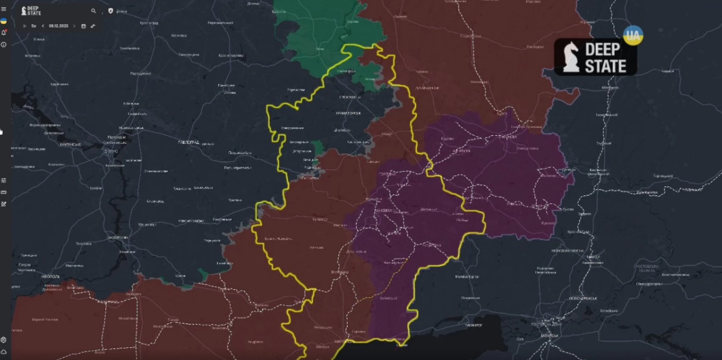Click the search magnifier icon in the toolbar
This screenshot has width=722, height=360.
pos(93,11)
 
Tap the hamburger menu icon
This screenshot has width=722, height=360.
pos(4,9)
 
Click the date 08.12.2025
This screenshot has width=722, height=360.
pos(59,26)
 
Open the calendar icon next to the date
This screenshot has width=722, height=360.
pos(83,26)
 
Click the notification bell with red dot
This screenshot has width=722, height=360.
pos(4,33)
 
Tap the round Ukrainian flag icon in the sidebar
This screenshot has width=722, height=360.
pos(4,21)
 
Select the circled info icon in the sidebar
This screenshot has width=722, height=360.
pos(4,45)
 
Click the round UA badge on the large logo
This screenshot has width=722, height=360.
pos(633,35)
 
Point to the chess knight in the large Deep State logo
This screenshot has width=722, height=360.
pos(571,57)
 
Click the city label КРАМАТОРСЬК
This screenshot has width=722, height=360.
pos(348,113)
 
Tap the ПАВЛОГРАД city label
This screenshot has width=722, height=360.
pos(188,142)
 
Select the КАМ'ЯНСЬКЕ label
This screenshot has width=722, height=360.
pos(70,145)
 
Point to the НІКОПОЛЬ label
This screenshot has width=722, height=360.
pos(50,277)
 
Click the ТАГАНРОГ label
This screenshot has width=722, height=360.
pos(473,325)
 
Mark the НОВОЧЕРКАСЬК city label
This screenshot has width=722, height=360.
pos(583,298)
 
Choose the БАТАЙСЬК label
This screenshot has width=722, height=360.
pos(549,336)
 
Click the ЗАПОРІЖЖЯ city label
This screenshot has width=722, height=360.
pos(118,237)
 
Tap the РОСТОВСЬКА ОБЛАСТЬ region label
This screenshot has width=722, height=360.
pos(647,268)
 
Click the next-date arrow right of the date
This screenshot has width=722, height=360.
pos(74,26)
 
